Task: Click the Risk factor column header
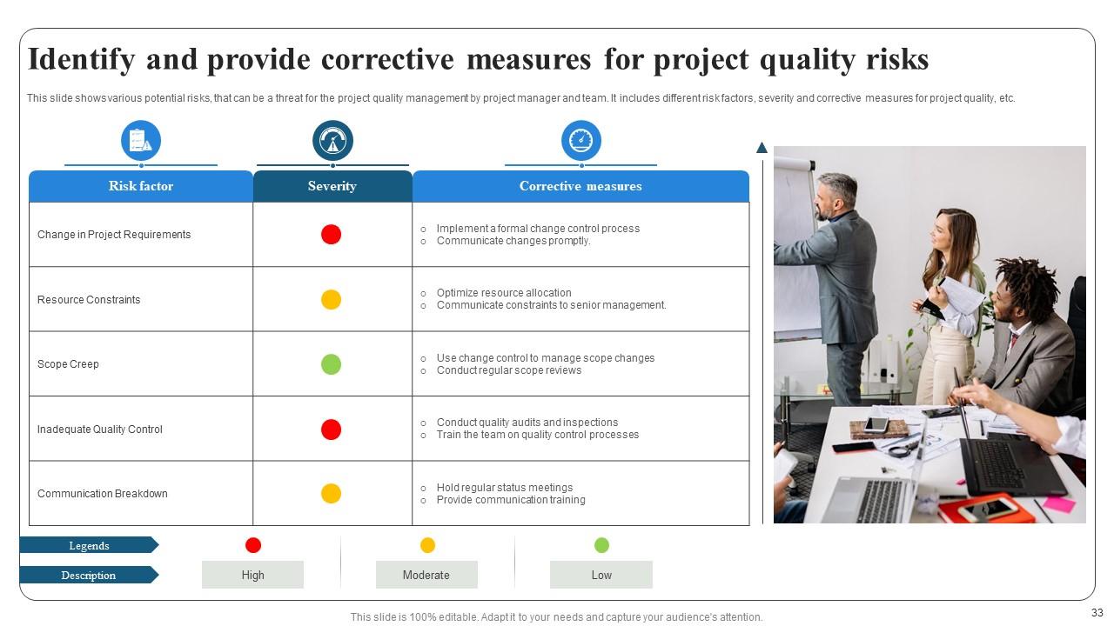pyautogui.click(x=141, y=186)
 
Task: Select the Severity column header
pyautogui.click(x=332, y=186)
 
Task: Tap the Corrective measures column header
pyautogui.click(x=580, y=186)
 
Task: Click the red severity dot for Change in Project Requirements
pyautogui.click(x=331, y=235)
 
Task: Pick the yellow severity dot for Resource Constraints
pyautogui.click(x=331, y=300)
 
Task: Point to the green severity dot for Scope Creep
pyautogui.click(x=331, y=364)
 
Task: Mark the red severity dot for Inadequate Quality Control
pyautogui.click(x=331, y=430)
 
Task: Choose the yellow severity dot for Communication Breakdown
pyautogui.click(x=331, y=494)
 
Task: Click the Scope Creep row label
pyautogui.click(x=68, y=364)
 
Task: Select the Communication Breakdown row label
pyautogui.click(x=103, y=494)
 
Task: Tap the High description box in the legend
pyautogui.click(x=252, y=575)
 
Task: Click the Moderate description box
pyautogui.click(x=426, y=575)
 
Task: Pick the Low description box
pyautogui.click(x=601, y=575)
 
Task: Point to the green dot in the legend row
pyautogui.click(x=601, y=545)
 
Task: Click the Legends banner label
pyautogui.click(x=89, y=546)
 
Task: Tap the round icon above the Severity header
pyautogui.click(x=332, y=141)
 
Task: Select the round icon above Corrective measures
pyautogui.click(x=580, y=141)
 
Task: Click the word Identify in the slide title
pyautogui.click(x=81, y=60)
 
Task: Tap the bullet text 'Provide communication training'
pyautogui.click(x=511, y=500)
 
